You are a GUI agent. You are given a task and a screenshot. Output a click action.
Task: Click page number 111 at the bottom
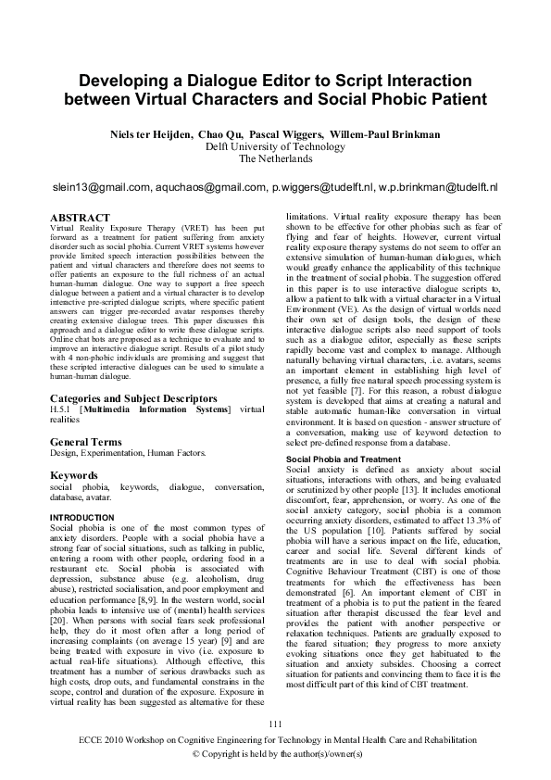(274, 723)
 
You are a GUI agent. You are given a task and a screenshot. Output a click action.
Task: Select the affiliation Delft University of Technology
(274, 146)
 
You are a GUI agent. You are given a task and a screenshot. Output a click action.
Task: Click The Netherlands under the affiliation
(274, 158)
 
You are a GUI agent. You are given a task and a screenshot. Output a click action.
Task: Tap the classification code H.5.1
(62, 411)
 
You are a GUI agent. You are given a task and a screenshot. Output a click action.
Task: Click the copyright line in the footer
(275, 756)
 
